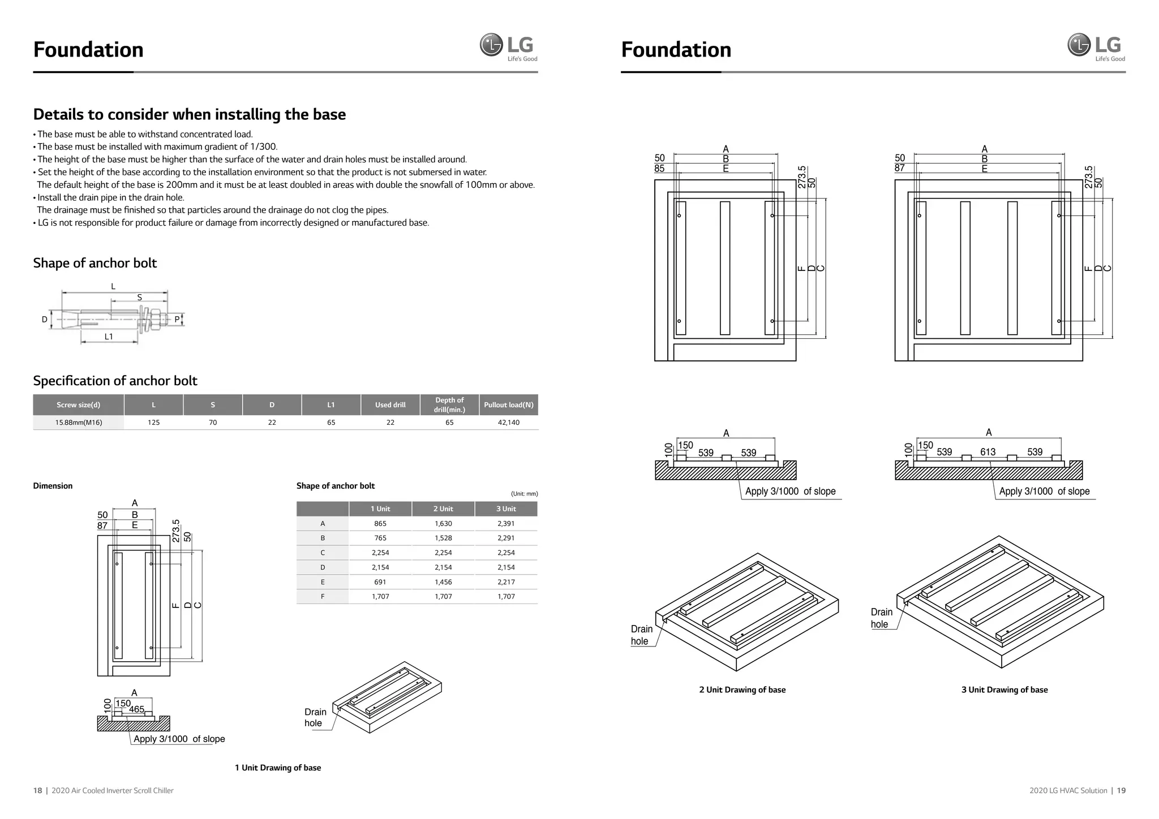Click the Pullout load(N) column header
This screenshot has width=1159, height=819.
[x=508, y=405]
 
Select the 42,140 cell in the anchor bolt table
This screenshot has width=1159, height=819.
[x=508, y=423]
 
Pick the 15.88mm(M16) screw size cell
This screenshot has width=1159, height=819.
[x=79, y=423]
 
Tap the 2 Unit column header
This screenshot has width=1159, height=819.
[x=443, y=509]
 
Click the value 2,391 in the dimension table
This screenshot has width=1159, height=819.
[x=506, y=524]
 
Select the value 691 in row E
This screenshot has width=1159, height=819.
[x=380, y=582]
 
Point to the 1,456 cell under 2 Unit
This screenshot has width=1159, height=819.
[x=443, y=582]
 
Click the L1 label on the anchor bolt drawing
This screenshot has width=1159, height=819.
[x=109, y=337]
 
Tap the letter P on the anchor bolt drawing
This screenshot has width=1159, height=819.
[x=177, y=320]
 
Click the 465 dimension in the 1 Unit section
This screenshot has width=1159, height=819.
[x=136, y=709]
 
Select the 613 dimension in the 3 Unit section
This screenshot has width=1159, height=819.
[x=988, y=452]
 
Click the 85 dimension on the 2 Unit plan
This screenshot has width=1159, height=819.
[x=659, y=169]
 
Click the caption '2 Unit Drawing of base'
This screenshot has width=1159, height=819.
[x=742, y=690]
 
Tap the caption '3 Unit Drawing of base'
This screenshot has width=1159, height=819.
[x=1004, y=690]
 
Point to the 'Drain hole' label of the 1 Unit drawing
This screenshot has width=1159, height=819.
[x=315, y=718]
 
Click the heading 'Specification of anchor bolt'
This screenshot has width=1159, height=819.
[x=115, y=381]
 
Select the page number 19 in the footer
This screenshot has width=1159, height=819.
[x=1121, y=791]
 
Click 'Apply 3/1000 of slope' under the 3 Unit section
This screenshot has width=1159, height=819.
[x=1044, y=492]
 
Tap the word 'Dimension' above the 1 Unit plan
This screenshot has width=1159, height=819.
[x=53, y=486]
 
